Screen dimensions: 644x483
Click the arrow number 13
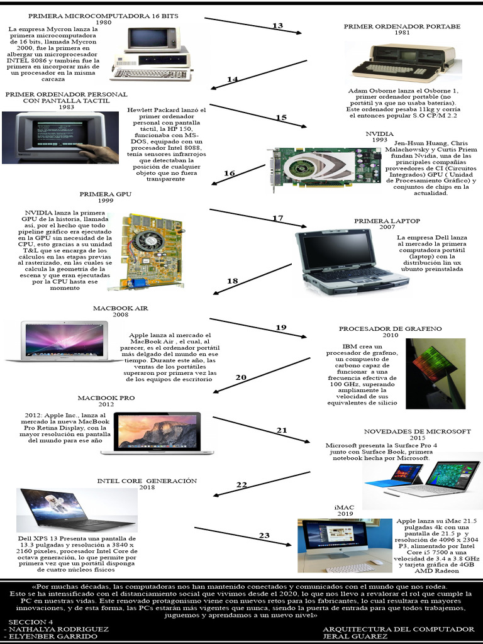click(x=277, y=26)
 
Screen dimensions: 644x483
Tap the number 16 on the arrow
click(x=230, y=173)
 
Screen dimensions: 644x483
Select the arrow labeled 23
click(x=264, y=535)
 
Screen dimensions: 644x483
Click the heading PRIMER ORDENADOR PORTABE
click(x=402, y=26)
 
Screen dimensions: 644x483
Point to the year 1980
click(x=103, y=22)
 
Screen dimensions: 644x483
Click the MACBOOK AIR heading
click(x=120, y=308)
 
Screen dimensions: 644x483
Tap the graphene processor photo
click(x=435, y=374)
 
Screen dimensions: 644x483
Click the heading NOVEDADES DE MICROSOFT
click(x=417, y=431)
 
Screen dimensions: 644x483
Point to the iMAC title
click(x=344, y=507)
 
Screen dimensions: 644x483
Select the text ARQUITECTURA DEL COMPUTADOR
click(x=398, y=629)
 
